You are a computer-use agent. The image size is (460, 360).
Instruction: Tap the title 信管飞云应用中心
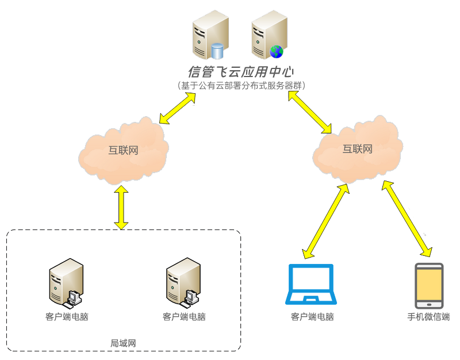coord(241,72)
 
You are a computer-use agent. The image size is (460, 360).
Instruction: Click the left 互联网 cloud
coord(123,151)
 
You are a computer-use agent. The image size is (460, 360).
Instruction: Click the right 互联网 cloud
coord(357,149)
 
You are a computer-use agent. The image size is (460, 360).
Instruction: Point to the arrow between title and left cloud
coord(178,108)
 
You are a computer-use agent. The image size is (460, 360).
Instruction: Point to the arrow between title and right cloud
coord(310,111)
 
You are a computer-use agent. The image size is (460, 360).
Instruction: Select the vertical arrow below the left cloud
coord(121,207)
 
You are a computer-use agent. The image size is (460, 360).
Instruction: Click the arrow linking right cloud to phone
coord(407,219)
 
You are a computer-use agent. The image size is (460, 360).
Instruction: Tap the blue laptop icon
coord(311,284)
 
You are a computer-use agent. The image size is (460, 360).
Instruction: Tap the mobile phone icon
coord(429,286)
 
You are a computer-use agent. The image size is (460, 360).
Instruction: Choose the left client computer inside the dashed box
coord(66,282)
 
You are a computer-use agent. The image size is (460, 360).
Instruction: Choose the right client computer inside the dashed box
coord(183,282)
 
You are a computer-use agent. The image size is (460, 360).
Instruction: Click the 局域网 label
coord(123,343)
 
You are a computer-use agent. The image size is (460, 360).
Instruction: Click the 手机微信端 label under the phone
coord(428,317)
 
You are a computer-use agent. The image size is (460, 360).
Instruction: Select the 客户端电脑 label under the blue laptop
coord(312,317)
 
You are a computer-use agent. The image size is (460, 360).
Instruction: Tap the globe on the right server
coord(277,52)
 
